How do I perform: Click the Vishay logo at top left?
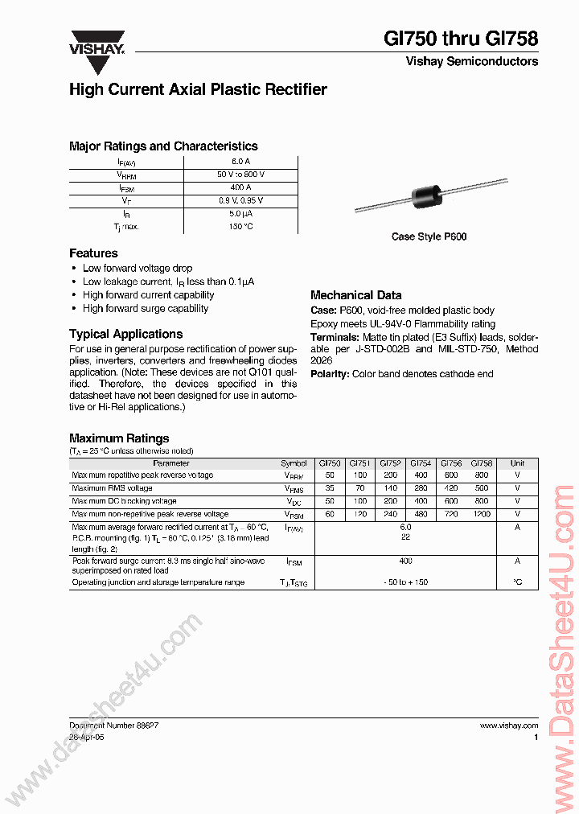pyautogui.click(x=97, y=42)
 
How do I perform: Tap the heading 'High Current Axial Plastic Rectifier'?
pyautogui.click(x=198, y=90)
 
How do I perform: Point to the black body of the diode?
pyautogui.click(x=429, y=196)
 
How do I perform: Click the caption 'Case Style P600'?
pyautogui.click(x=429, y=236)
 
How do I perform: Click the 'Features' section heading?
pyautogui.click(x=93, y=253)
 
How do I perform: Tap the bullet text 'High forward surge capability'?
pyautogui.click(x=146, y=309)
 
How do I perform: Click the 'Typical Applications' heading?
pyautogui.click(x=125, y=334)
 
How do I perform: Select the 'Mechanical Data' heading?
pyautogui.click(x=355, y=295)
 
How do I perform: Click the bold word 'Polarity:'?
pyautogui.click(x=330, y=374)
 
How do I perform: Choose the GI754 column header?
pyautogui.click(x=421, y=463)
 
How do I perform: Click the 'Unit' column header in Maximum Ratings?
pyautogui.click(x=517, y=463)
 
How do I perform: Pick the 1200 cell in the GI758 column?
pyautogui.click(x=481, y=514)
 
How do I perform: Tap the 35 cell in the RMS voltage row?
pyautogui.click(x=330, y=488)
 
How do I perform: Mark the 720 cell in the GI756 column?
pyautogui.click(x=450, y=514)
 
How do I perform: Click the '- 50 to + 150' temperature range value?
pyautogui.click(x=405, y=582)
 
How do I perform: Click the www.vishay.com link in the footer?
pyautogui.click(x=508, y=726)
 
